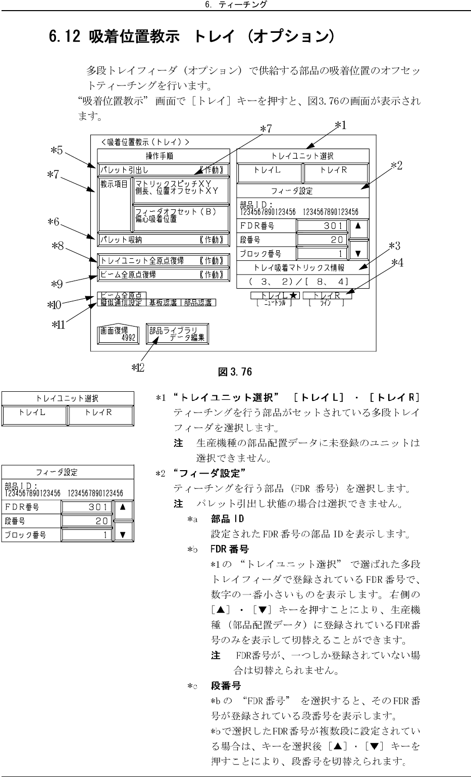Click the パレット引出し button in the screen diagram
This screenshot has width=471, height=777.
click(x=163, y=169)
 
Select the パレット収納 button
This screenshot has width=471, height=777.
click(x=163, y=240)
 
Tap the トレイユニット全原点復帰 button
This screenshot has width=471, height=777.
click(x=163, y=261)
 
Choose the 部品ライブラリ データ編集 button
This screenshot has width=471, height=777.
click(x=177, y=334)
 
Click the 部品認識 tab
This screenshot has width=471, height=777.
click(x=198, y=302)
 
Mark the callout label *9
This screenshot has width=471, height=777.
click(x=57, y=284)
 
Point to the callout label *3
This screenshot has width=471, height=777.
click(x=395, y=246)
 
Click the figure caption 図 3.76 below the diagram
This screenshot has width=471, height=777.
click(x=235, y=372)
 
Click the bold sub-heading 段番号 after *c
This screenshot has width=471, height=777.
click(x=226, y=686)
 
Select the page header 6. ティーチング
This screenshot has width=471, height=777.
click(x=236, y=5)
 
